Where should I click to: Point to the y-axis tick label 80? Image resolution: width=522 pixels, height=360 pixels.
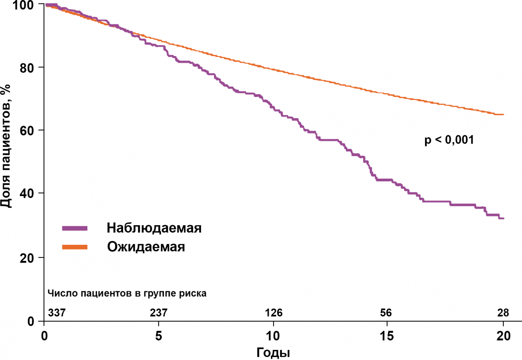pyautogui.click(x=30, y=67)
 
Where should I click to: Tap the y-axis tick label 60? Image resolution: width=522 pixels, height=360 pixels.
pyautogui.click(x=30, y=130)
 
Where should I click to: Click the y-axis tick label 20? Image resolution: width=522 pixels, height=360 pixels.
pyautogui.click(x=30, y=257)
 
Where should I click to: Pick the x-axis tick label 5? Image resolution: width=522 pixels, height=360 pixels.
pyautogui.click(x=159, y=336)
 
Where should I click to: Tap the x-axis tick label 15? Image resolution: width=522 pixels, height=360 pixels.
pyautogui.click(x=387, y=336)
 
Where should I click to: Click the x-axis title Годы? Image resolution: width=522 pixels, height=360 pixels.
pyautogui.click(x=274, y=352)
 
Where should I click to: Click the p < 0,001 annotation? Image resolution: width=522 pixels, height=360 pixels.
pyautogui.click(x=448, y=140)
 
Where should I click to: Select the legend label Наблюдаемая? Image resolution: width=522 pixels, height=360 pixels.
pyautogui.click(x=154, y=228)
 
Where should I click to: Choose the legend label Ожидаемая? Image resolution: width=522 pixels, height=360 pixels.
pyautogui.click(x=146, y=247)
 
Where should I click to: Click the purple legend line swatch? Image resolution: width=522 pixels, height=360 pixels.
pyautogui.click(x=75, y=228)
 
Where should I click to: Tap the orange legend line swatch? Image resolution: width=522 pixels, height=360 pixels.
pyautogui.click(x=75, y=247)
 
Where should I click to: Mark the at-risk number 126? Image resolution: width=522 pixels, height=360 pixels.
pyautogui.click(x=274, y=313)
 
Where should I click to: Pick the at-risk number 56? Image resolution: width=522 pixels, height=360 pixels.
pyautogui.click(x=386, y=313)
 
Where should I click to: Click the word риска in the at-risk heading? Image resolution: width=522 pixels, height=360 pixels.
pyautogui.click(x=193, y=293)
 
